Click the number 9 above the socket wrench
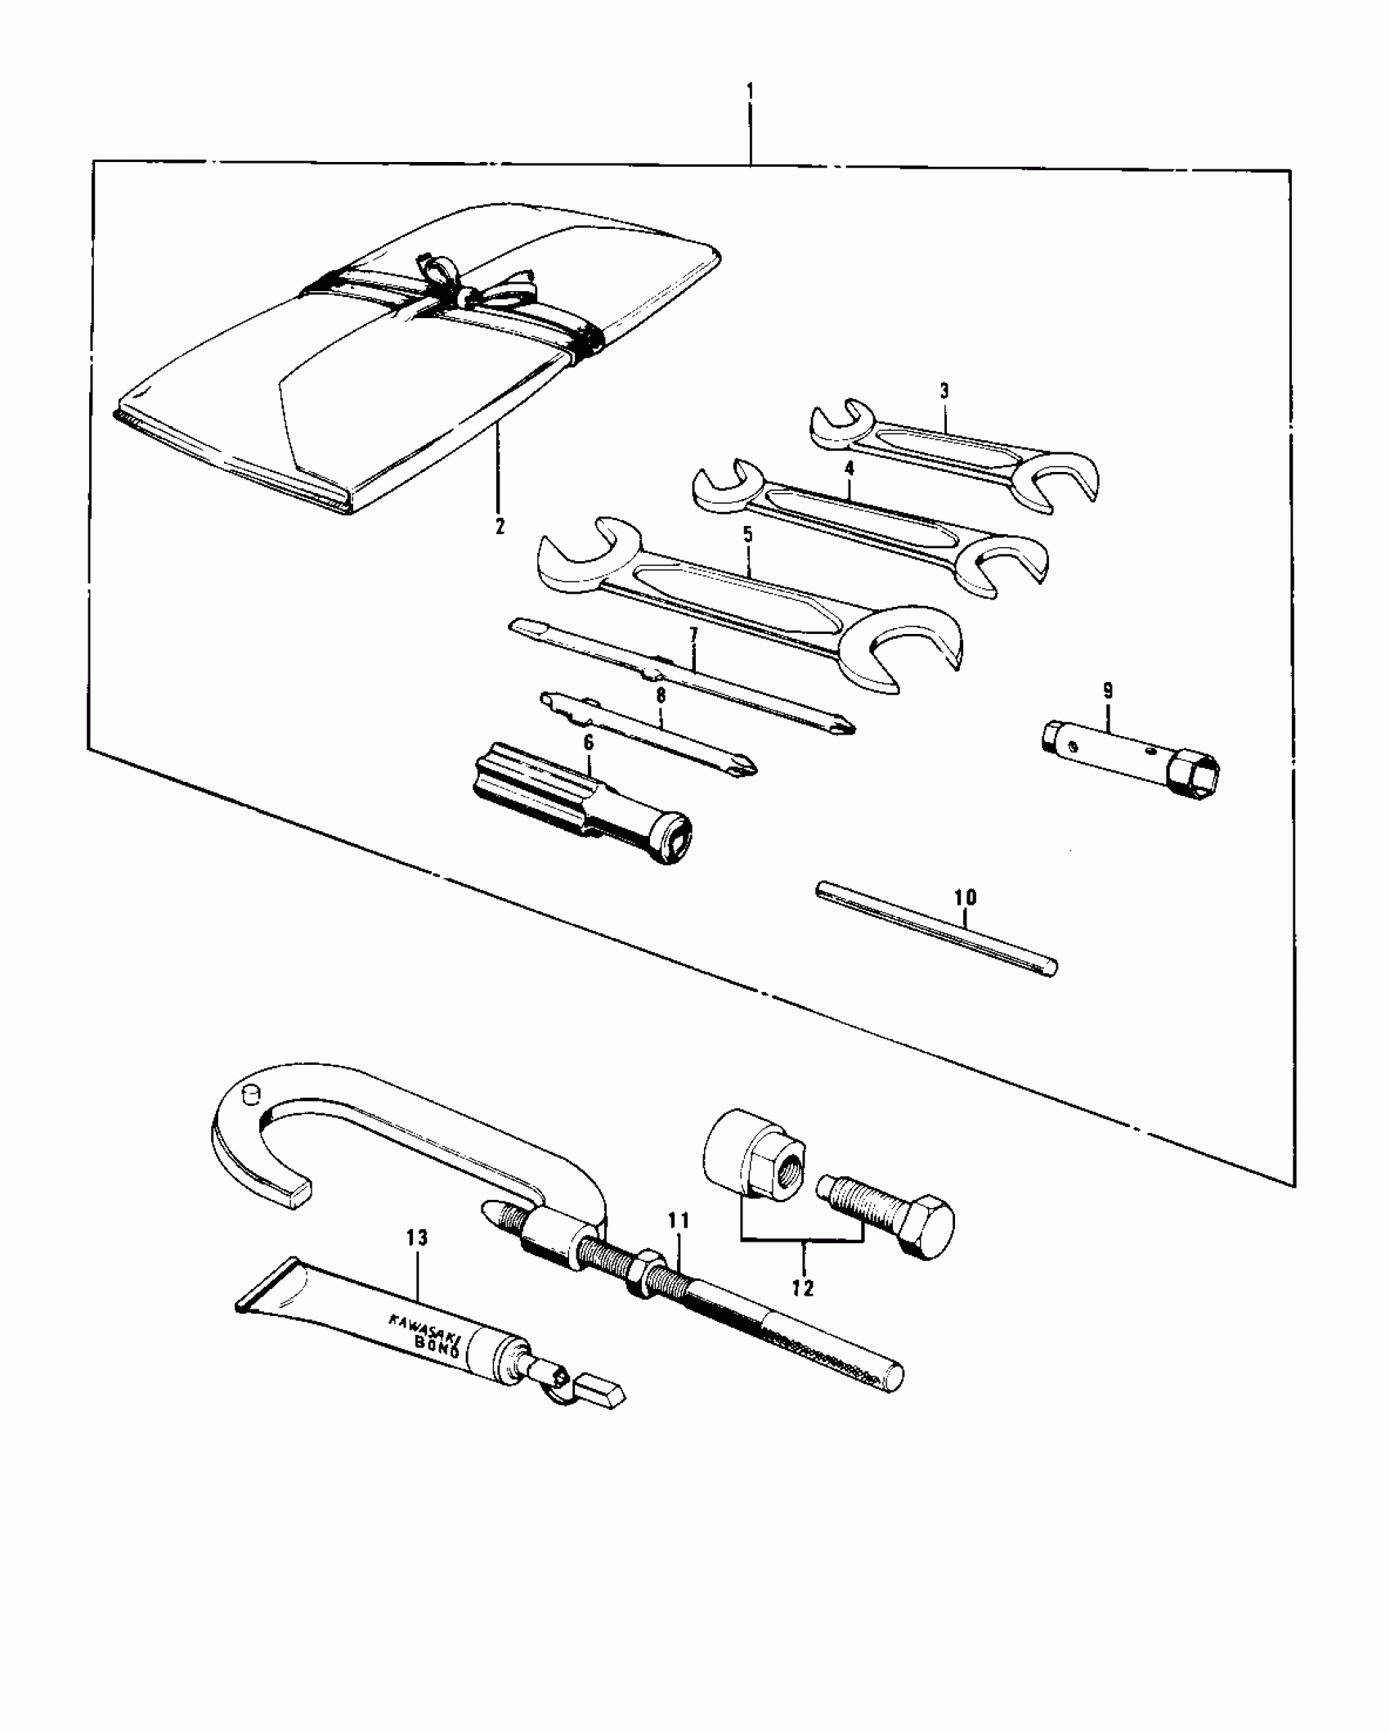[1107, 690]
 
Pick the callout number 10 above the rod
[966, 897]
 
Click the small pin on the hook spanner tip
[250, 1093]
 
